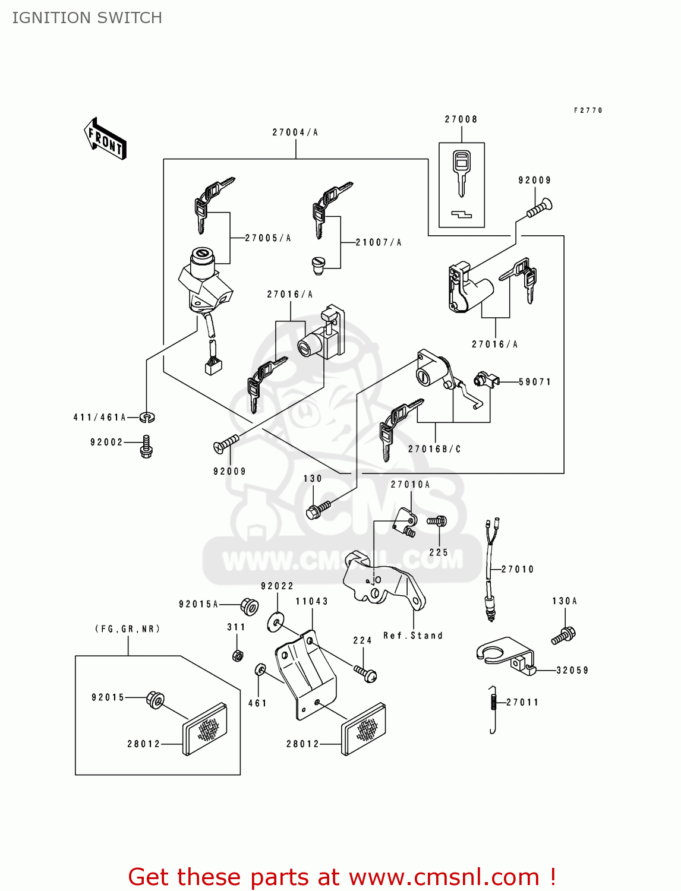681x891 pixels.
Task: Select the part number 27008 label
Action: (461, 119)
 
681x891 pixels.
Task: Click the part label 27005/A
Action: (268, 238)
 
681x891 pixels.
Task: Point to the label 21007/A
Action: (379, 242)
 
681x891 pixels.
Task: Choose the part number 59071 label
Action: (535, 382)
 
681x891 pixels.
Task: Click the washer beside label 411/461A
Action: (147, 417)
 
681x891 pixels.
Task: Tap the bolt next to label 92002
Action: (146, 446)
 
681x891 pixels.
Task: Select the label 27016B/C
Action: (434, 449)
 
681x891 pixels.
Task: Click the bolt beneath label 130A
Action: (563, 635)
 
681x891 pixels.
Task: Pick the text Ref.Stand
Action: (413, 636)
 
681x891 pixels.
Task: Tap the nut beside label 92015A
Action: (249, 606)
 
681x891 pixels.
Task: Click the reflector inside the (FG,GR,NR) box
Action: (204, 729)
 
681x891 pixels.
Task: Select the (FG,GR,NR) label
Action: (128, 629)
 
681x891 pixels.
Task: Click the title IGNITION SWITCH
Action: (87, 18)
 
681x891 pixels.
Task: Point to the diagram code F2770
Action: (588, 110)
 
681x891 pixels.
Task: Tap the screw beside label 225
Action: (437, 522)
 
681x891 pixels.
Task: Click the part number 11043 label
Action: (311, 601)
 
